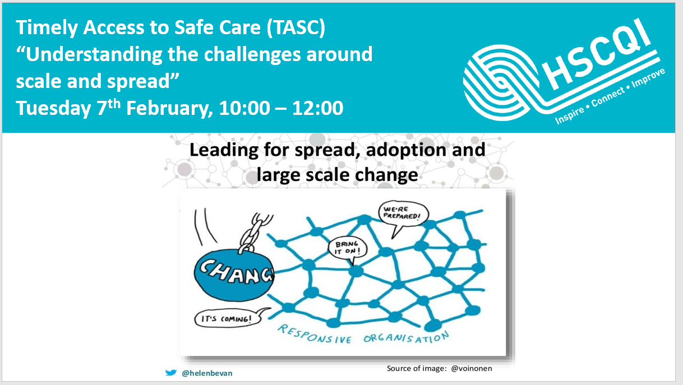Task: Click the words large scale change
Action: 336,175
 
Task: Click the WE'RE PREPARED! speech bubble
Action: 402,216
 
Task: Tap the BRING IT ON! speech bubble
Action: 348,248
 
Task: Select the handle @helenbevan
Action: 206,373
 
